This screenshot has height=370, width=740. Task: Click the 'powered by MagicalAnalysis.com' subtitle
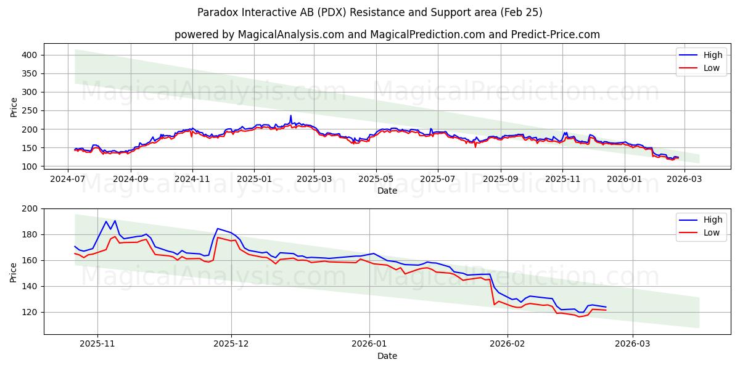(387, 35)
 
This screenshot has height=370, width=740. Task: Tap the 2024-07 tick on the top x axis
(68, 179)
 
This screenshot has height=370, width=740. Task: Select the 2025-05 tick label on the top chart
(376, 179)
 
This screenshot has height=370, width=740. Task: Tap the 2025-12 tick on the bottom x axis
(231, 343)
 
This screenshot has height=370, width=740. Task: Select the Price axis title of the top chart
(14, 107)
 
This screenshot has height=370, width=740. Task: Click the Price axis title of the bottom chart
(14, 271)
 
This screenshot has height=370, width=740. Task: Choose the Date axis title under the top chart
(387, 191)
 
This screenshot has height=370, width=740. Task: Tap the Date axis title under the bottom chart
(387, 356)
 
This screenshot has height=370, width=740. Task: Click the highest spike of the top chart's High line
(291, 115)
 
